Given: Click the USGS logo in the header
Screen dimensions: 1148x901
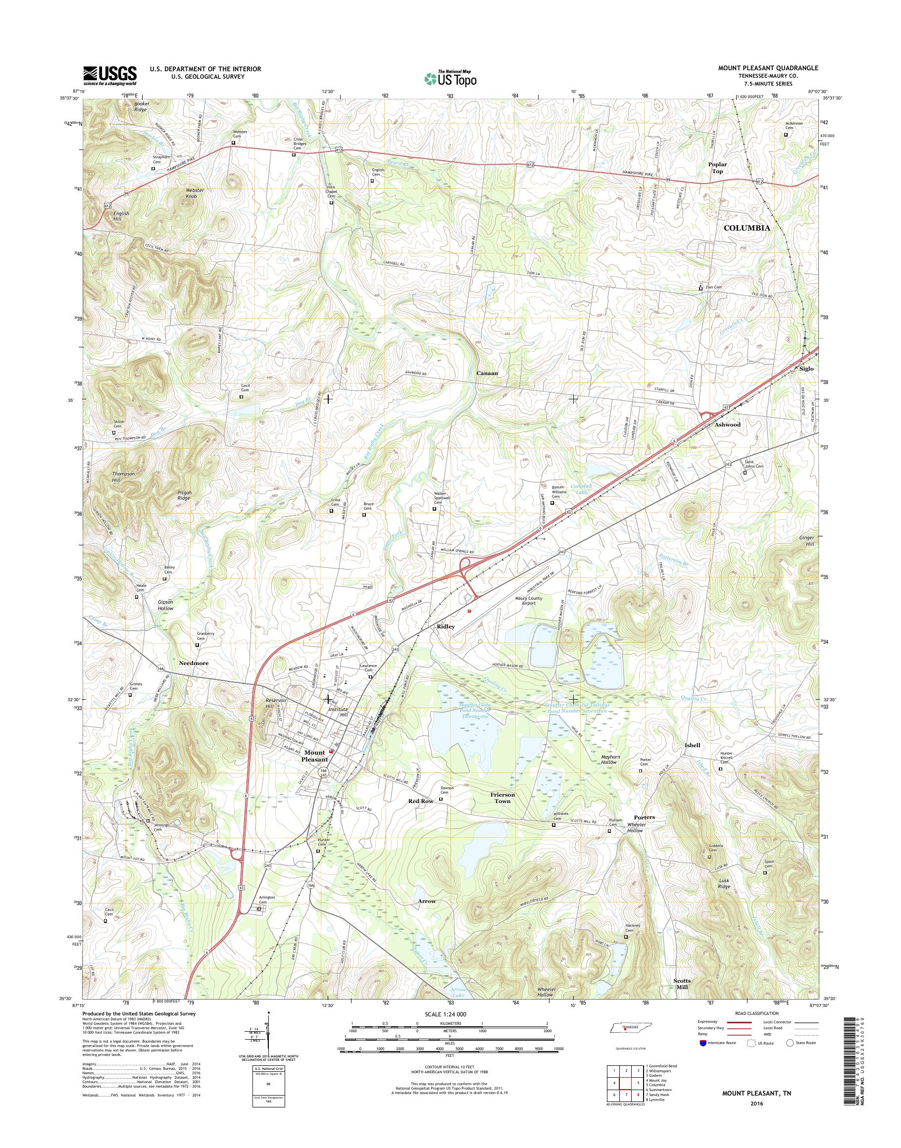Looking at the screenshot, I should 110,75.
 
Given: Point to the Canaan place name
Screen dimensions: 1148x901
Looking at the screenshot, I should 487,373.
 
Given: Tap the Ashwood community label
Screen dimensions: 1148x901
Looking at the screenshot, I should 727,424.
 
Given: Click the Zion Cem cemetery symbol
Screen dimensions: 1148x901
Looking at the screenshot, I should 701,288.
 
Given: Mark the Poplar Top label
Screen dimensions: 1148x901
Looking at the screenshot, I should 717,168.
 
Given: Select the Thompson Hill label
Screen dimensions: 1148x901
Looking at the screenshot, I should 123,477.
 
